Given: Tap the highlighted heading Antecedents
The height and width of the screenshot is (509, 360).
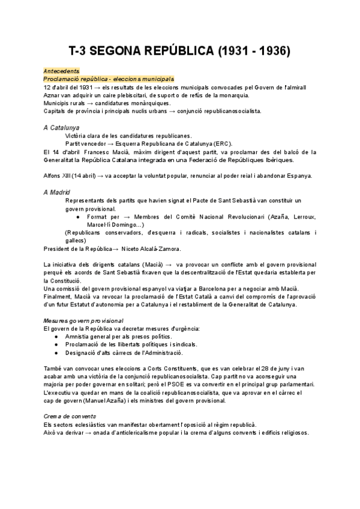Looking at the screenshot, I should point(61,71).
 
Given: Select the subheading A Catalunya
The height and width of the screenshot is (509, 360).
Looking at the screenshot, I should point(62,128).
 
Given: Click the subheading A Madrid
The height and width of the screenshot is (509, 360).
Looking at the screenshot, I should point(57,191).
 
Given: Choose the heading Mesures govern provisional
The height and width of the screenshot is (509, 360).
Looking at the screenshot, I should point(84,321).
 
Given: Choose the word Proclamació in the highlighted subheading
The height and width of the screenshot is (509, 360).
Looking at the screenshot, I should point(61,79).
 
